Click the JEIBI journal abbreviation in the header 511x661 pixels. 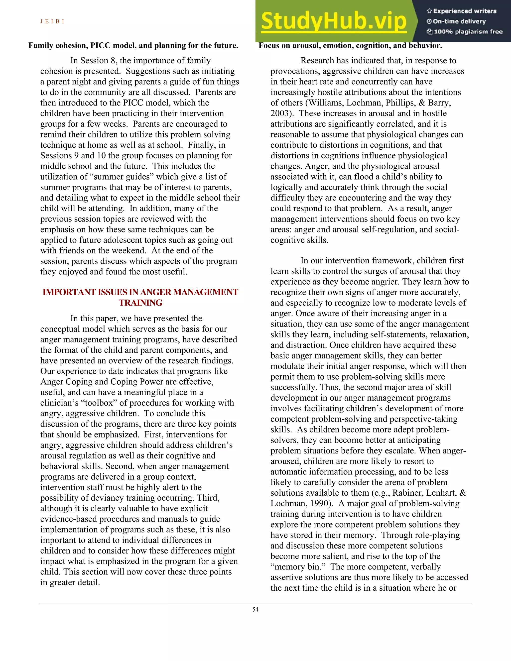(x=52, y=21)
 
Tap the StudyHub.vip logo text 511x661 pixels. (x=334, y=21)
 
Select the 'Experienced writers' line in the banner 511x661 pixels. (x=462, y=11)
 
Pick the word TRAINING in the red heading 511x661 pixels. (x=140, y=303)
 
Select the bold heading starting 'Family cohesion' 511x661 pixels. (x=133, y=45)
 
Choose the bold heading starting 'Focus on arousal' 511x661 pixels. (x=350, y=45)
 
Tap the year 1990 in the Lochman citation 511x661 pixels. (x=319, y=503)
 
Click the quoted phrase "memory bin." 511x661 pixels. (x=298, y=566)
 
